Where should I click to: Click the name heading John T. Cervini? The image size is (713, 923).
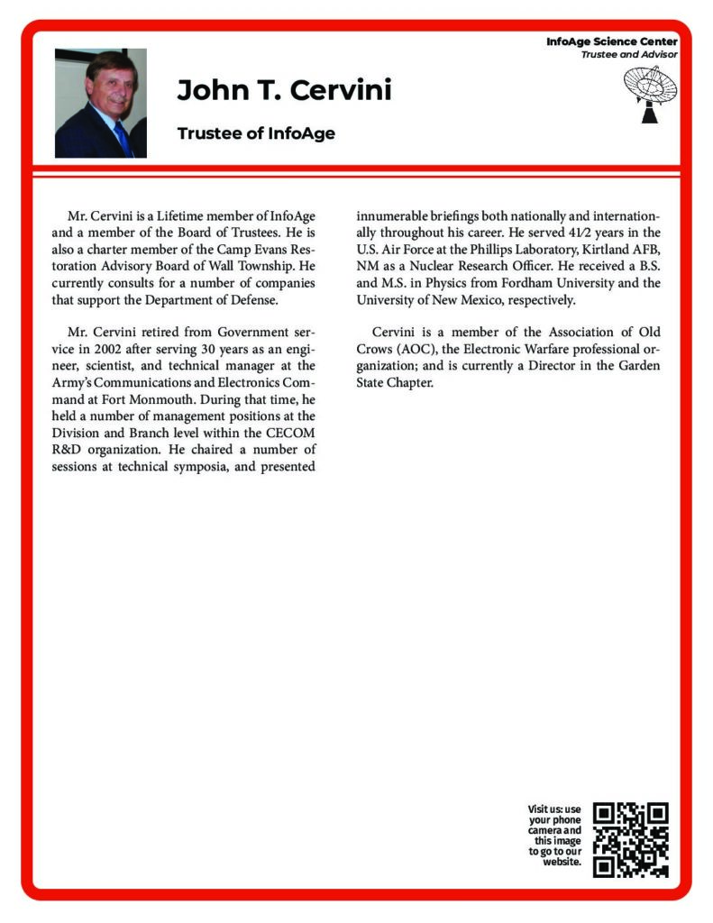(x=284, y=91)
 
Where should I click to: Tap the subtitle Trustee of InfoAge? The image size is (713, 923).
(x=256, y=133)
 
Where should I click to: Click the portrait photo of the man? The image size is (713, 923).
(x=100, y=103)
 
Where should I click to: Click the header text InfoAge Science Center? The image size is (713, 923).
(x=611, y=41)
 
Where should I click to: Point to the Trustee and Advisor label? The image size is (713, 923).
(x=628, y=55)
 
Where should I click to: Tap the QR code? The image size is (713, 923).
(x=631, y=839)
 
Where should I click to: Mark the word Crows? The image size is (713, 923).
(x=375, y=349)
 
